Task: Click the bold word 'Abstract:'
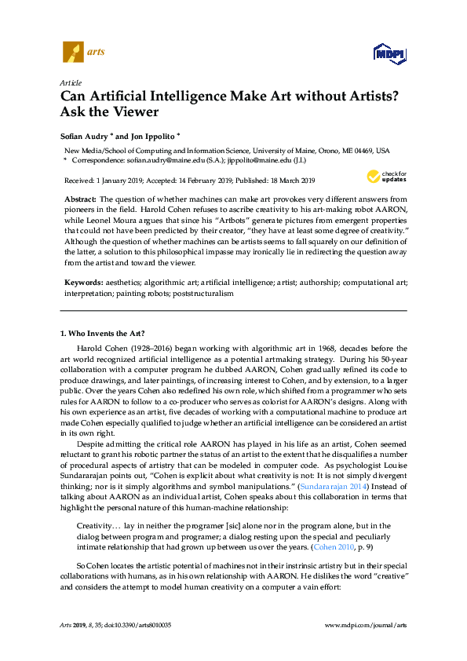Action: pyautogui.click(x=80, y=201)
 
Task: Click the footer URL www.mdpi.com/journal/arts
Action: pyautogui.click(x=365, y=625)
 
